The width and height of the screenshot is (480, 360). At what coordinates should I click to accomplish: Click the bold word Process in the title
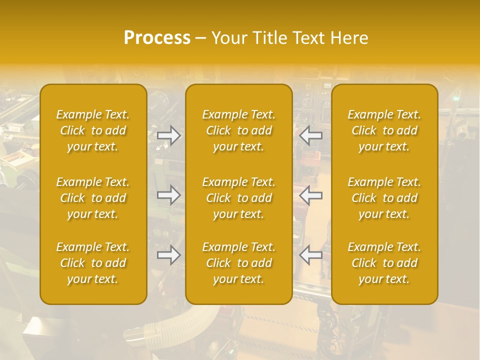pos(157,38)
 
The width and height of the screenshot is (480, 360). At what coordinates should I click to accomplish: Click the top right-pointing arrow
pos(169,135)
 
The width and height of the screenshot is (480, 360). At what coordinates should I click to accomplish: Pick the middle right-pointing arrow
pos(169,195)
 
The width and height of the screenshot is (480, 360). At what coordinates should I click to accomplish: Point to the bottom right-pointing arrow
pos(169,255)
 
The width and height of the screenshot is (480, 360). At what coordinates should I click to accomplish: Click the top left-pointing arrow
pos(310,135)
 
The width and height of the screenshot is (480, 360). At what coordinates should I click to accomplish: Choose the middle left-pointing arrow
pos(310,195)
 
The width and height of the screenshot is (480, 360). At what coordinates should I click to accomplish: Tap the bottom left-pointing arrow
pos(310,255)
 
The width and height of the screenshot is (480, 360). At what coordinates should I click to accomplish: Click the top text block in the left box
pos(93,130)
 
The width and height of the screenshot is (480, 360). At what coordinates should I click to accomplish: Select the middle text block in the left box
pos(93,198)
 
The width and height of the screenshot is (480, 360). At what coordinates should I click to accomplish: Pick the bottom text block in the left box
pos(93,263)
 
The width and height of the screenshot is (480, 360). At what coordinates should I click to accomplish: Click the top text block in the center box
pos(239,130)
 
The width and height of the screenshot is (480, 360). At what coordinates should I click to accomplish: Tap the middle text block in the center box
pos(239,198)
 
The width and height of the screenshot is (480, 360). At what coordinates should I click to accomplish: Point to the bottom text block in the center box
pos(239,263)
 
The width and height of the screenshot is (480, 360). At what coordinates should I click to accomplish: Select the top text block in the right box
pos(384,130)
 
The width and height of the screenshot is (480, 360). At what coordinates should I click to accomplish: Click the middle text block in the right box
pos(384,198)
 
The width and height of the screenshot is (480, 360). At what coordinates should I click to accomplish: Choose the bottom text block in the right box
pos(384,263)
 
